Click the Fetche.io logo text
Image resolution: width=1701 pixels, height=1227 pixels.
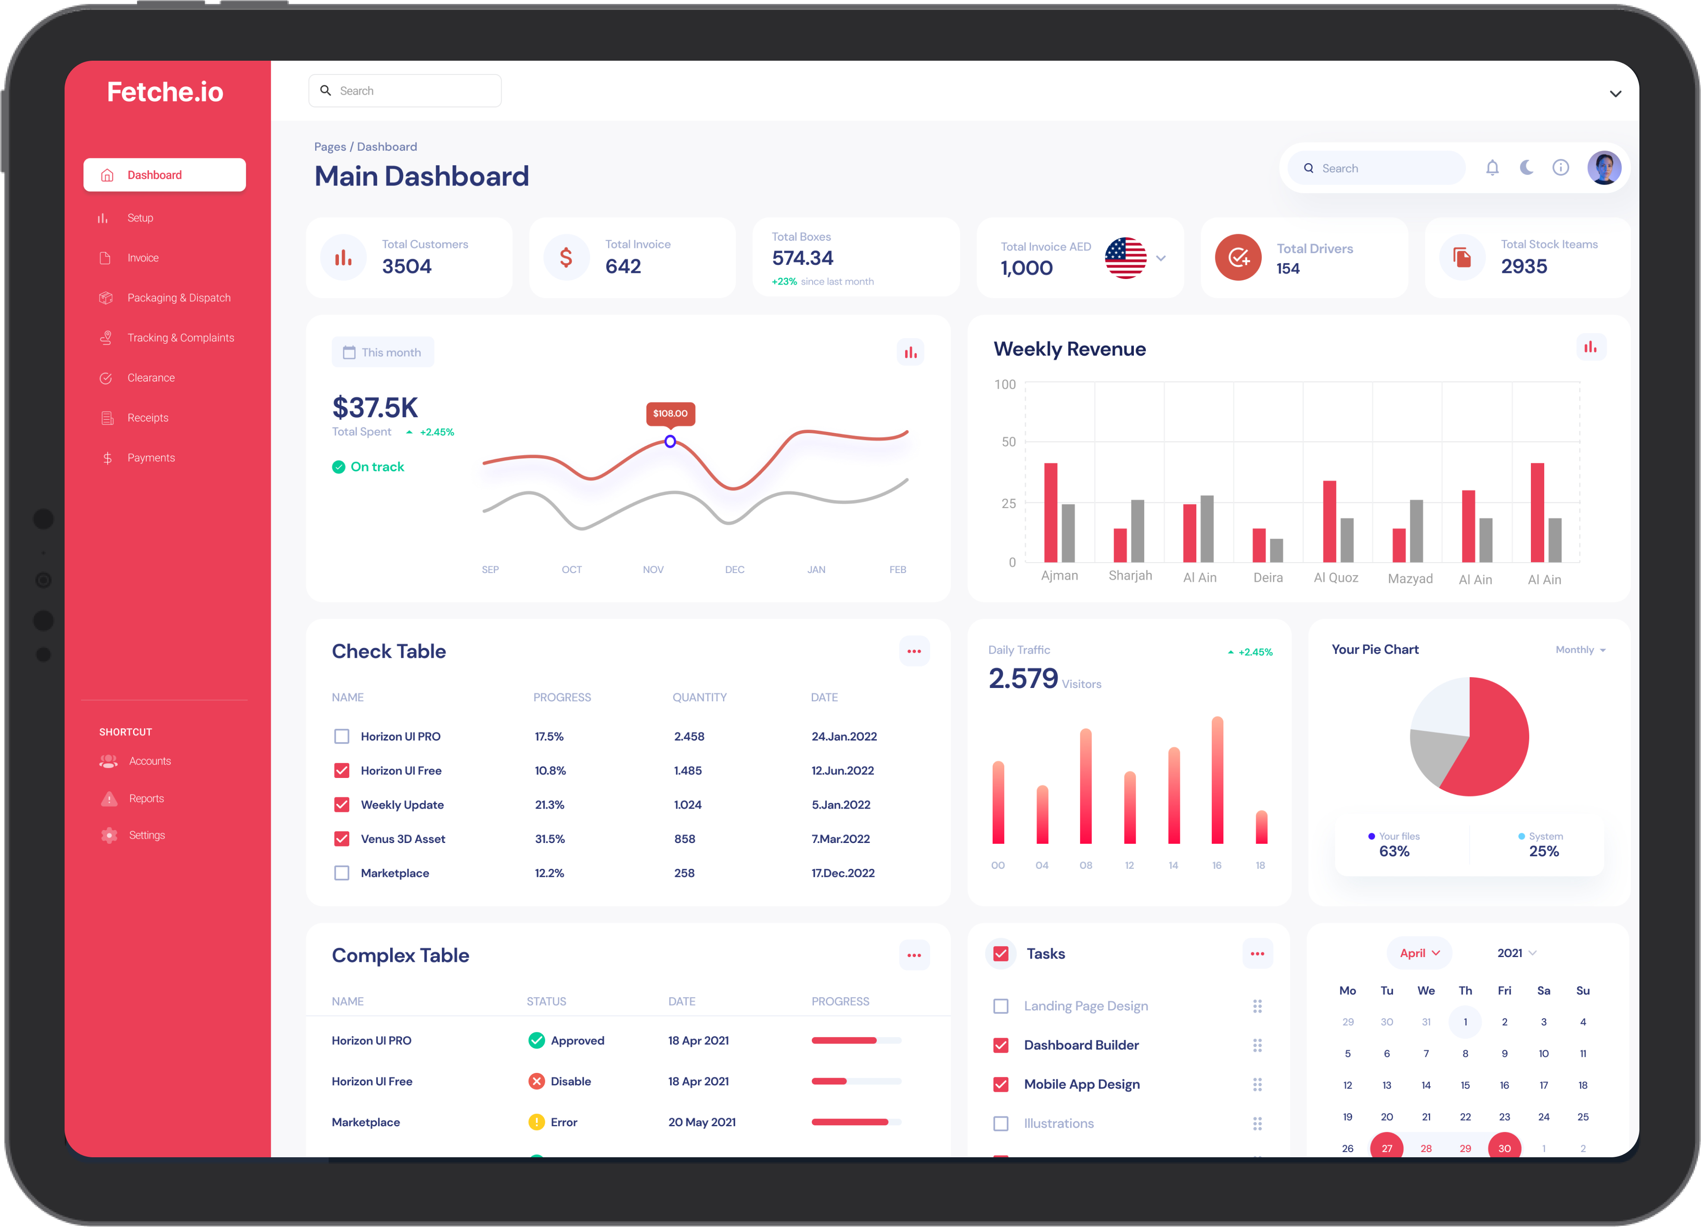click(x=165, y=92)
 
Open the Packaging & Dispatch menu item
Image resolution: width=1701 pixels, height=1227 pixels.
click(x=179, y=298)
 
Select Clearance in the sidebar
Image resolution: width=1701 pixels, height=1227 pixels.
click(x=151, y=378)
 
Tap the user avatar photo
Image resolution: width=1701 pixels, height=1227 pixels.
click(x=1604, y=168)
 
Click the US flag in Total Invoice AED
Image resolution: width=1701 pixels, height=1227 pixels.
click(x=1125, y=258)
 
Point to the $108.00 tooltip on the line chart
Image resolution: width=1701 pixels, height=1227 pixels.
click(x=670, y=413)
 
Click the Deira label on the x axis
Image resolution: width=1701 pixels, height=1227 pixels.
click(x=1267, y=577)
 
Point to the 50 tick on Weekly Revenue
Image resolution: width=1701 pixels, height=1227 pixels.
click(x=1008, y=442)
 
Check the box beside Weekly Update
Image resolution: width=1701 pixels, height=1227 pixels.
click(x=342, y=805)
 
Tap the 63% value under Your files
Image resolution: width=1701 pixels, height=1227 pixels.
click(x=1394, y=851)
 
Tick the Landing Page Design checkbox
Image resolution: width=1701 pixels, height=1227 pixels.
click(x=1000, y=1006)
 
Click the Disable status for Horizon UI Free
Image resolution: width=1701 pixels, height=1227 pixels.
click(x=570, y=1081)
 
